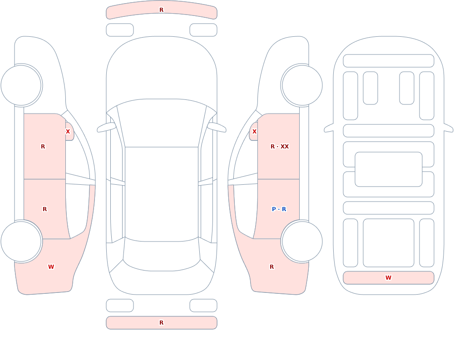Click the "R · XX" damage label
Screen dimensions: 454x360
[x=279, y=147]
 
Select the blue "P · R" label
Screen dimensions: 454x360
[x=279, y=209]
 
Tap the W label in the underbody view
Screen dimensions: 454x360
[x=388, y=278]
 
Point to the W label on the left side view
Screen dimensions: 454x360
[x=51, y=267]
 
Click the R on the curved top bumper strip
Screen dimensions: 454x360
[x=162, y=10]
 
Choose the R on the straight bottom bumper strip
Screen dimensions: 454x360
[x=162, y=323]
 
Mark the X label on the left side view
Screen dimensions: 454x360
[x=68, y=132]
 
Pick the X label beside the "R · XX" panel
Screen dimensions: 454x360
[x=255, y=132]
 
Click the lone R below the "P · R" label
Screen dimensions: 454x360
[x=271, y=267]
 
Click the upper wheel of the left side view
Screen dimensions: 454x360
[x=21, y=85]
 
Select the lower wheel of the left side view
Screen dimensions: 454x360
[x=21, y=242]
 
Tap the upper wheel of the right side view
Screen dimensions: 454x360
[x=302, y=85]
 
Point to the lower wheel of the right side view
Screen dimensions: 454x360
[x=302, y=242]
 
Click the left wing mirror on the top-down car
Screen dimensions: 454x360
[x=106, y=128]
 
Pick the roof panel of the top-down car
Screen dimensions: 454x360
[x=162, y=194]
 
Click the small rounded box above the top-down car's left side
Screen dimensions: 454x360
[x=120, y=30]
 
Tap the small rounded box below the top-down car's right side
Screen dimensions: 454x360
[x=203, y=306]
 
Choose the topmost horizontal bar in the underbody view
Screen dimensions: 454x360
[x=389, y=61]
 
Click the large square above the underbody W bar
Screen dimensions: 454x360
[x=389, y=243]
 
